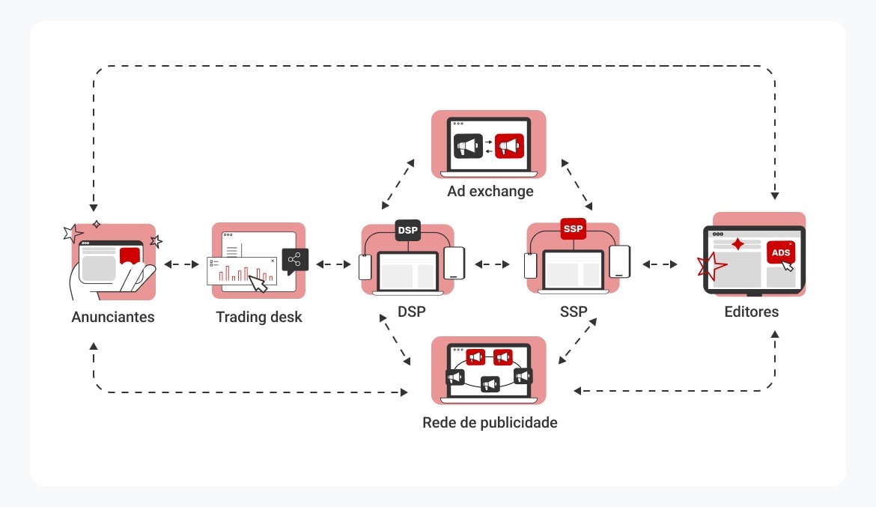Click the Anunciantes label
pyautogui.click(x=113, y=317)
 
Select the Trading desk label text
pyautogui.click(x=259, y=317)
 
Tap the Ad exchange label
pyautogui.click(x=490, y=191)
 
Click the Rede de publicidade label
pyautogui.click(x=490, y=422)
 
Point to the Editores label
pyautogui.click(x=751, y=312)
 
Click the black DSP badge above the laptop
pyautogui.click(x=408, y=230)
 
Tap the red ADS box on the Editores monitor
pyautogui.click(x=781, y=252)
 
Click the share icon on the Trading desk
pyautogui.click(x=295, y=261)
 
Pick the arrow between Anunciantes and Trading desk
pyautogui.click(x=182, y=264)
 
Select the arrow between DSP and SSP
pyautogui.click(x=492, y=264)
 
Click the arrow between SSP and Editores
pyautogui.click(x=660, y=264)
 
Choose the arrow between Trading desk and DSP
pyautogui.click(x=333, y=264)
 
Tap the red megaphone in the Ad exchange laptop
pyautogui.click(x=511, y=145)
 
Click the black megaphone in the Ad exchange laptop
pyautogui.click(x=467, y=145)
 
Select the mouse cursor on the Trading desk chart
pyautogui.click(x=258, y=284)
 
